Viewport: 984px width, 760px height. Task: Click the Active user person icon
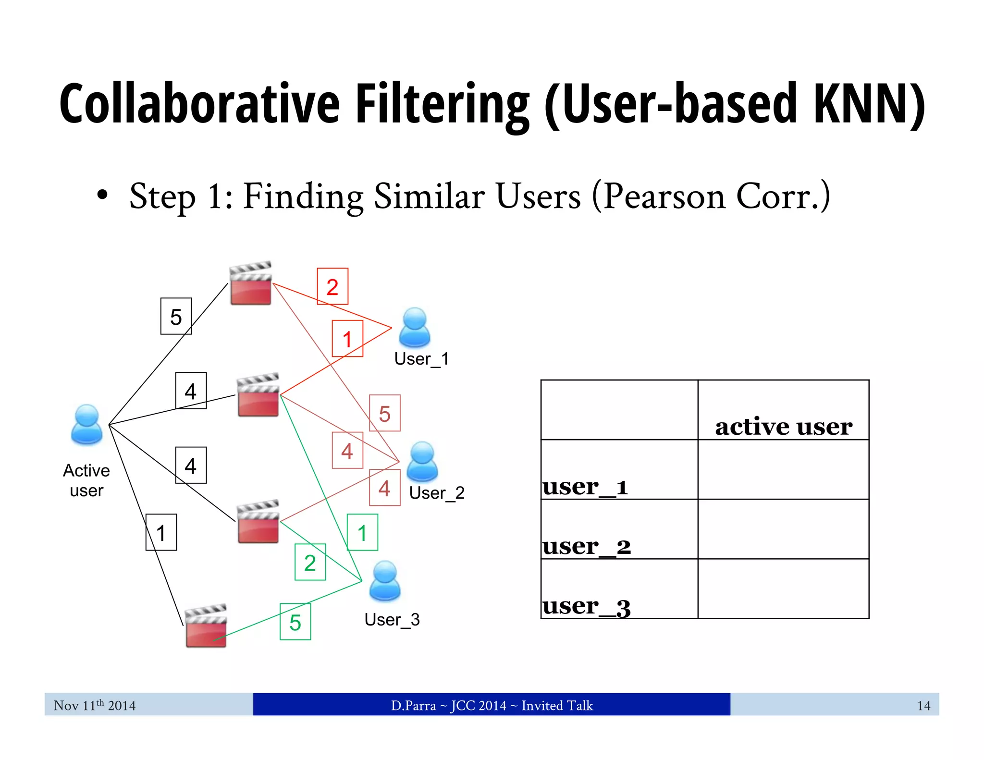pos(86,424)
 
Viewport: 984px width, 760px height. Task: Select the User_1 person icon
pos(415,328)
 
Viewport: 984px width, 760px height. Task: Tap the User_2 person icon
pos(422,462)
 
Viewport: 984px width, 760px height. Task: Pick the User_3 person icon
pos(384,581)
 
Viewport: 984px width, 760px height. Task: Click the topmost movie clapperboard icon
pos(250,283)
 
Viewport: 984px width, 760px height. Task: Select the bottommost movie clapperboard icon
pos(206,626)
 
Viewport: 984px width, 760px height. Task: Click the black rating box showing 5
pos(176,316)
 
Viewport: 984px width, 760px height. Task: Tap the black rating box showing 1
pos(161,532)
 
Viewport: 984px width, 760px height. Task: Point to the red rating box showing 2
pos(332,287)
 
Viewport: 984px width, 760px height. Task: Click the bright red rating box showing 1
pos(347,339)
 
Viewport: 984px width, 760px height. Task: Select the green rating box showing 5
pos(295,622)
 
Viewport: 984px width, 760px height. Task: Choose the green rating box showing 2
pos(310,562)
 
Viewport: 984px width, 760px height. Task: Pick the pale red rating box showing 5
pos(384,413)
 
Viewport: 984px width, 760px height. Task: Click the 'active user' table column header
pos(783,426)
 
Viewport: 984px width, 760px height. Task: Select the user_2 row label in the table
pos(586,546)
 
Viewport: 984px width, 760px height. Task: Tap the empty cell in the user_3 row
pos(783,588)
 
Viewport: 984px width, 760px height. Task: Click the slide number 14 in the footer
pos(923,705)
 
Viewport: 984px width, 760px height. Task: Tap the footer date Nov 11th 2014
pos(95,705)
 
